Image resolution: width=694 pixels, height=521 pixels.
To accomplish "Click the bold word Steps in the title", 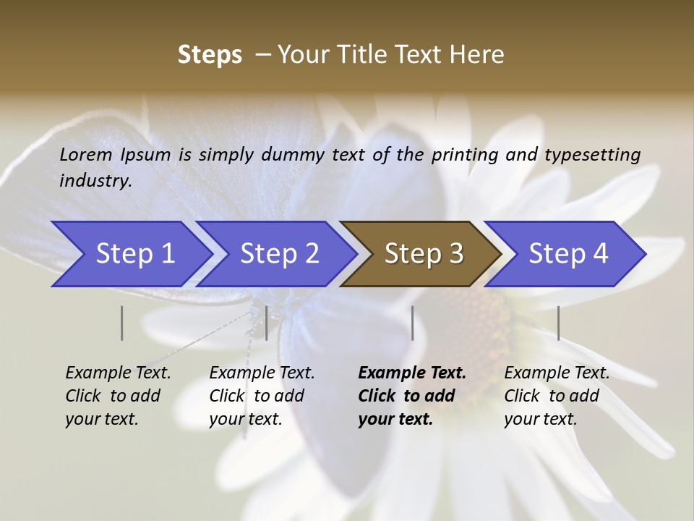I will pos(210,55).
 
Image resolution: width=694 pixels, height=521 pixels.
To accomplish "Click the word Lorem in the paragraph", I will pos(86,155).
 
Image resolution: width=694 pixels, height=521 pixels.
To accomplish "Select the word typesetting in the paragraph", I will pos(592,155).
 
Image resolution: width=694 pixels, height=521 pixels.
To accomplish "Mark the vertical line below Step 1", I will pos(121,323).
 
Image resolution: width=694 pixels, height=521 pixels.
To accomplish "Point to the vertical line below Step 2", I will pos(267,323).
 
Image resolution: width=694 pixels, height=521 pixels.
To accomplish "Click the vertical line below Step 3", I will pos(412,323).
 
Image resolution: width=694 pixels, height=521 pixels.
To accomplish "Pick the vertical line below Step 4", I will pos(558,323).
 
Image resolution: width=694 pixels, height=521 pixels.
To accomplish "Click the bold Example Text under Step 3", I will pos(412,373).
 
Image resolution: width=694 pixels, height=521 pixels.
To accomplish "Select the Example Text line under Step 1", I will pos(118,373).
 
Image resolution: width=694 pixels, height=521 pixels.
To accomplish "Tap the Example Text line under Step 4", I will pos(557,373).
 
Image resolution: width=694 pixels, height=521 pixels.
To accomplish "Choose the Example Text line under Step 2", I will pos(262,373).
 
